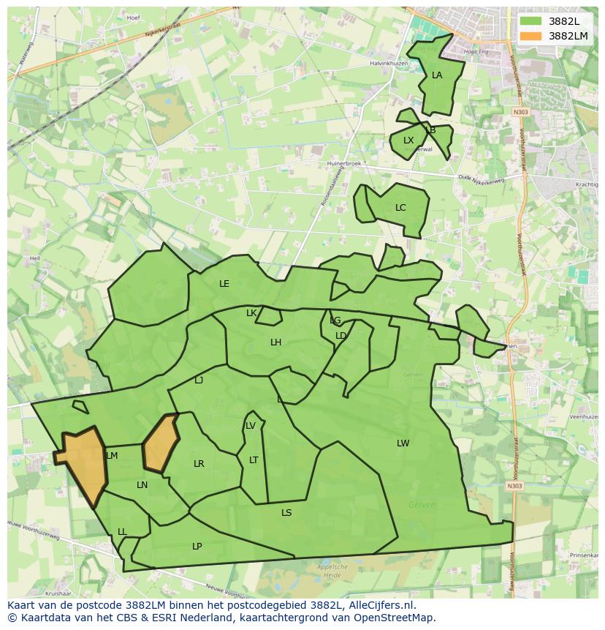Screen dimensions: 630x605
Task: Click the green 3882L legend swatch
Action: tap(530, 21)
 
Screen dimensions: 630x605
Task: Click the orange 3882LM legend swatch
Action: tap(530, 36)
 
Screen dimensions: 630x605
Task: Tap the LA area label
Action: tap(437, 75)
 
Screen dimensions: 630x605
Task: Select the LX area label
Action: tap(408, 140)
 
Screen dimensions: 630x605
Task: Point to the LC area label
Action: tap(400, 208)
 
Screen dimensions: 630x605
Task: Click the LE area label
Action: tap(224, 284)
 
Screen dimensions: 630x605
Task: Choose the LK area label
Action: tap(251, 313)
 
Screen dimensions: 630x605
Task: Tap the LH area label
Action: tap(275, 342)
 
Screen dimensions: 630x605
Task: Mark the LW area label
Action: tap(403, 443)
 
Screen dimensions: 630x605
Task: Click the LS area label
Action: tap(286, 513)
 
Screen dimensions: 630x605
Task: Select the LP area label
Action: tap(197, 547)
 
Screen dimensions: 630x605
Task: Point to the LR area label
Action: tap(199, 464)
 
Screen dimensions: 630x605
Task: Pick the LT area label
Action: tap(254, 460)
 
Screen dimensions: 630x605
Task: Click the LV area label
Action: tap(251, 426)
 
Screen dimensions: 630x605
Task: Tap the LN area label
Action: tap(142, 485)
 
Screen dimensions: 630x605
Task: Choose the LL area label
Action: tap(122, 532)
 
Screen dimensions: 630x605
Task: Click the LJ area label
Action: tap(199, 380)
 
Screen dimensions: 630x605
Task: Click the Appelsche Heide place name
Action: tap(332, 571)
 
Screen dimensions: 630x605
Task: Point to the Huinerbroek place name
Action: tap(345, 164)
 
